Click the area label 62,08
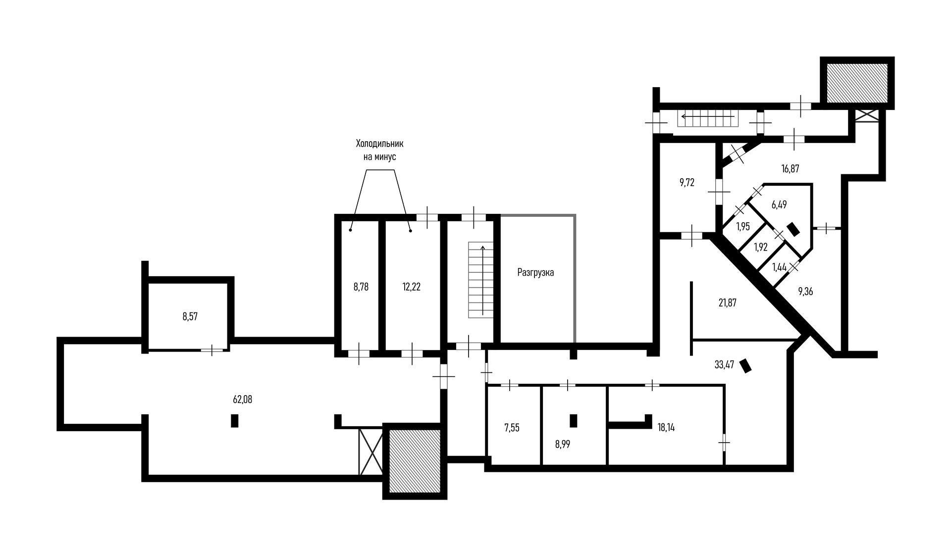click(x=242, y=400)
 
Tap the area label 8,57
click(x=190, y=317)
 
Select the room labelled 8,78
click(x=361, y=287)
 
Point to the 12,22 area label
click(x=412, y=287)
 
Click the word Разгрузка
click(x=535, y=272)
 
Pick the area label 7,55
click(x=512, y=428)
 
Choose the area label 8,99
click(x=563, y=444)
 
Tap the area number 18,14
click(x=666, y=428)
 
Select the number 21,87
click(x=727, y=303)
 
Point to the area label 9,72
click(x=687, y=183)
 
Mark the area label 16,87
click(x=790, y=168)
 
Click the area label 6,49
click(x=779, y=204)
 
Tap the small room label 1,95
click(x=743, y=227)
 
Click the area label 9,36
click(x=805, y=292)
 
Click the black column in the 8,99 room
click(x=574, y=420)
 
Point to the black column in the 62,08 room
click(x=235, y=420)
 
